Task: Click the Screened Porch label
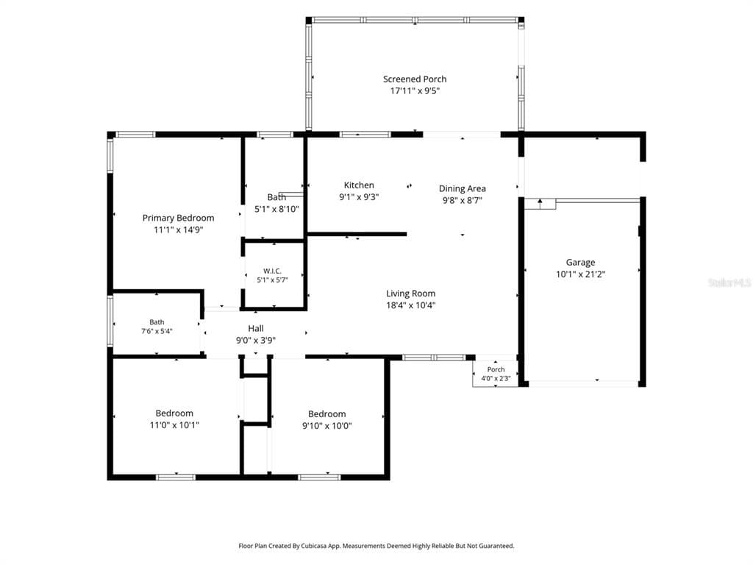tap(415, 79)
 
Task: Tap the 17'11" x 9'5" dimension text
tap(415, 90)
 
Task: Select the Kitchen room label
tap(359, 185)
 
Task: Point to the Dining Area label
tap(462, 188)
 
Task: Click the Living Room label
tap(410, 293)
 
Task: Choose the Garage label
tap(580, 263)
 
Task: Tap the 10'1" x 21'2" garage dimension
tap(581, 274)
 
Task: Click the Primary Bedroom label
tap(178, 218)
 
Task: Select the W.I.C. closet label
tap(272, 271)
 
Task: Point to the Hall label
tap(255, 329)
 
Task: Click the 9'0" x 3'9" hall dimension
tap(255, 341)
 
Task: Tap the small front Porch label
tap(496, 369)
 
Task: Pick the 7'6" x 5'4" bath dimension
tap(157, 331)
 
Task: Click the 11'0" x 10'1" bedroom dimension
tap(174, 424)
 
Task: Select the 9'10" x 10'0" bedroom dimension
tap(326, 426)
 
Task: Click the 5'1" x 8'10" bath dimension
tap(276, 209)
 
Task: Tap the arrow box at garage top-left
tap(540, 204)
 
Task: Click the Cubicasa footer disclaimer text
tap(376, 546)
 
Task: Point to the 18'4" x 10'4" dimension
tap(410, 305)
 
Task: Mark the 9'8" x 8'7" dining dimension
tap(462, 200)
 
